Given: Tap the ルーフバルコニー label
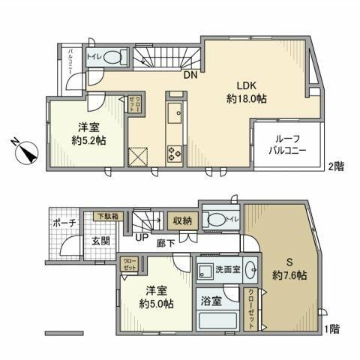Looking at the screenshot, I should [289, 143].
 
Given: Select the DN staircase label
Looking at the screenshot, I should [190, 74].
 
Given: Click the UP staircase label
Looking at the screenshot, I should [141, 238].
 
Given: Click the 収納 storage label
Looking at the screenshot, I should [183, 220].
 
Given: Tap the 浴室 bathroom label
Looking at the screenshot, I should [211, 301].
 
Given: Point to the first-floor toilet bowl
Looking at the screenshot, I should [218, 220].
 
